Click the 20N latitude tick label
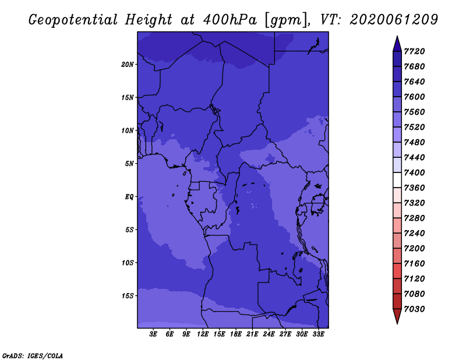pos(128,65)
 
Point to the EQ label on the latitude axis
pos(129,197)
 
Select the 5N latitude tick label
pos(129,164)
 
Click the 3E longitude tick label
pos(153,334)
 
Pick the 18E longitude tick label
pos(236,334)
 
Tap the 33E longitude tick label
pos(318,334)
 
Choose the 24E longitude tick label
pos(269,334)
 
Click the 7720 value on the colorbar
pos(414,51)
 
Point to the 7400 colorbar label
pos(414,172)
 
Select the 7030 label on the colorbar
pos(414,309)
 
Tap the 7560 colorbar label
pos(414,112)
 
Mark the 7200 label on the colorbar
pos(414,249)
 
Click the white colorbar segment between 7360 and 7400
pos(397,180)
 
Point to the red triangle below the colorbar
pos(397,315)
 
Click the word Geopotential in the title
pos(73,20)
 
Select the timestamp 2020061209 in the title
pos(394,20)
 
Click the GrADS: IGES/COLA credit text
pos(33,356)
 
